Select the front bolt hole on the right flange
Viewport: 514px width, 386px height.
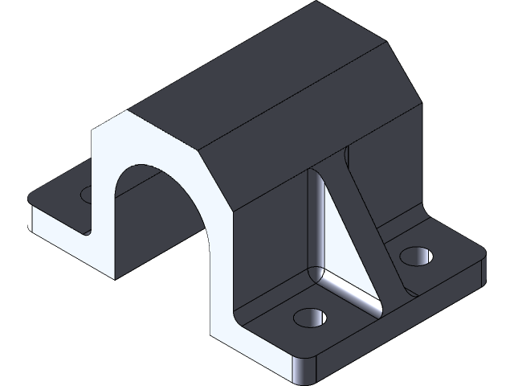tap(308, 317)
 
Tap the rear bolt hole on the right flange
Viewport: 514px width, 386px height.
tap(416, 257)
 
